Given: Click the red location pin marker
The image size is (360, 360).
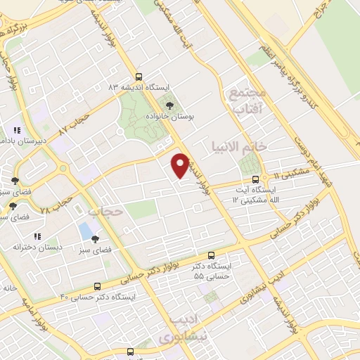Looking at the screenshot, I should point(179,165).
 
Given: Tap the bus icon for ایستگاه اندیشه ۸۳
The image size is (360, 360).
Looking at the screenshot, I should point(139,77).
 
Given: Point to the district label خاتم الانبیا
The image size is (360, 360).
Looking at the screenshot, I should point(237,146).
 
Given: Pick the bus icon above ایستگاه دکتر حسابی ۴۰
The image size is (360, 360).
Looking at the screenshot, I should point(97,286).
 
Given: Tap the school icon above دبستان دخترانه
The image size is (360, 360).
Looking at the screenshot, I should point(38,237).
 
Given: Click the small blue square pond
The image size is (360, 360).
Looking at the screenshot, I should point(86,230).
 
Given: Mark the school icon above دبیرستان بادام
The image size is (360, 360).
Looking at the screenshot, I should point(17,131).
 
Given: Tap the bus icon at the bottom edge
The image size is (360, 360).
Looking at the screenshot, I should point(129,351).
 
